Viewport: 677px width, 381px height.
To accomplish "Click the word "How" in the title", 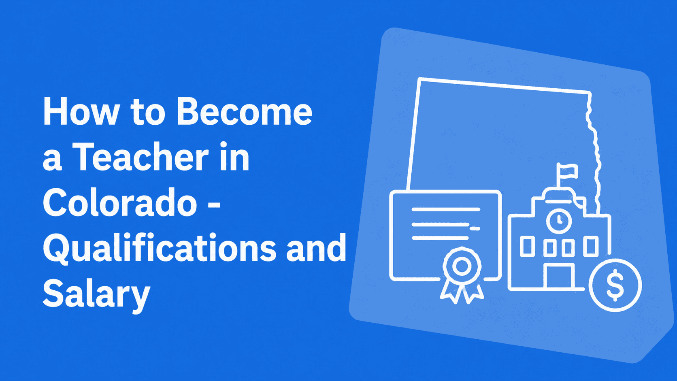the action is (x=81, y=111).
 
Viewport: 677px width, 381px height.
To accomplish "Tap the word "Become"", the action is (x=245, y=111).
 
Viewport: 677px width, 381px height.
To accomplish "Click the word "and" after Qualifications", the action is (x=316, y=247).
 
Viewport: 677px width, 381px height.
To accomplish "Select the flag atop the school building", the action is (x=566, y=172).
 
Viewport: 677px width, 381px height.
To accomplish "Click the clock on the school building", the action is (x=559, y=221).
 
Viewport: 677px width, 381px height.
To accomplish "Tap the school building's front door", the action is (x=559, y=276).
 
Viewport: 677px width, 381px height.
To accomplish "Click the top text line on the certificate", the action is (x=446, y=209).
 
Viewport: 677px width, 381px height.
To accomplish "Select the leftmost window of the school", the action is (x=528, y=246).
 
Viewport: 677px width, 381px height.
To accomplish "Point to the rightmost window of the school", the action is (x=591, y=246).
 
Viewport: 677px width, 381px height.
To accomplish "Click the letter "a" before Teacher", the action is (x=52, y=161).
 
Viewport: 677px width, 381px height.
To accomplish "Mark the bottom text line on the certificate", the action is (x=441, y=238).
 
